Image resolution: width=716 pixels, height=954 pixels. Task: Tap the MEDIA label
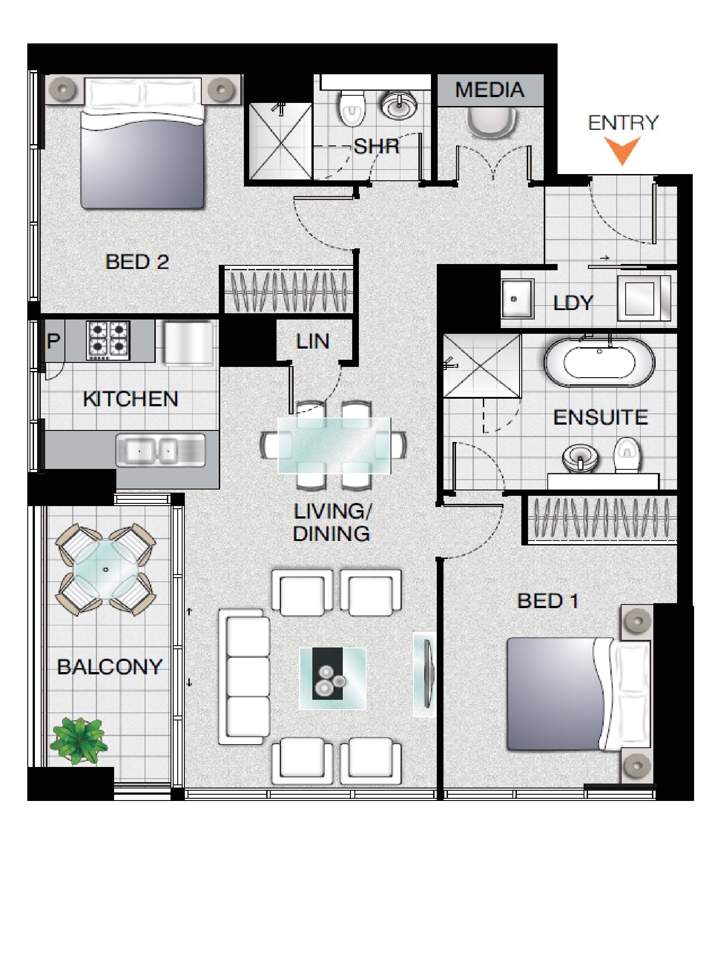coord(490,90)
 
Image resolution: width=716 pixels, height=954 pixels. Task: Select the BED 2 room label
coord(137,262)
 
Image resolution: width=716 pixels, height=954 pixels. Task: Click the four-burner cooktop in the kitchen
coord(108,341)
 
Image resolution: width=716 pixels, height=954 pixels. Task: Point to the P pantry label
coord(53,341)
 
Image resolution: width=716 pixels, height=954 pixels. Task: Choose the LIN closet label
coord(312,341)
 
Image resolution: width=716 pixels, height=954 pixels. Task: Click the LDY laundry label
coord(573,303)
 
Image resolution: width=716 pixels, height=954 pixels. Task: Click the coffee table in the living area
coord(332,678)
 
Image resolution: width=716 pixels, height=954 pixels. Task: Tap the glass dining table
coord(334,445)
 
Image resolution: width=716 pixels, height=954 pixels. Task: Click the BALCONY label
coord(110,667)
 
